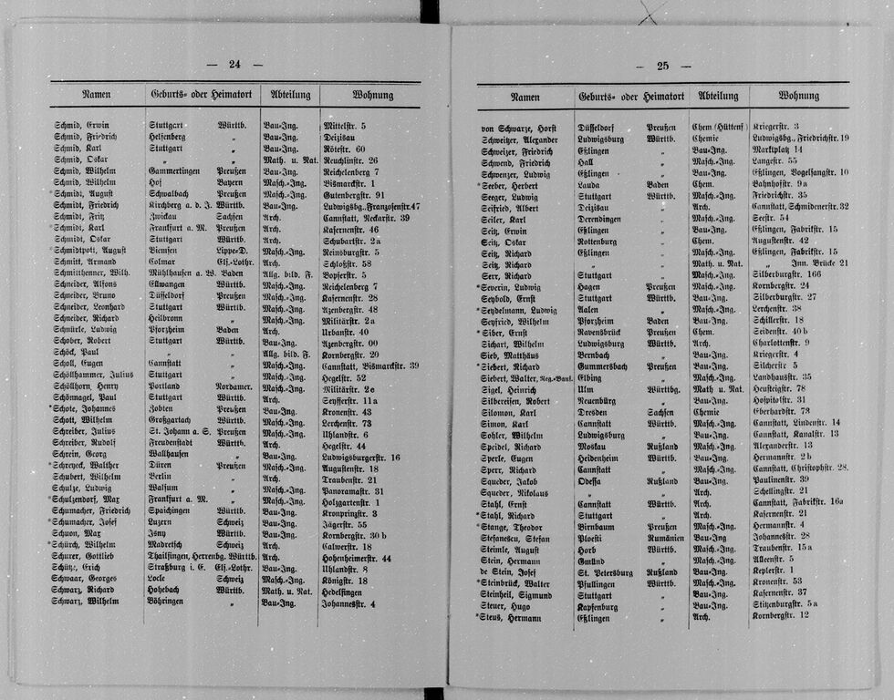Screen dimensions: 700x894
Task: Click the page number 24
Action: tap(234, 64)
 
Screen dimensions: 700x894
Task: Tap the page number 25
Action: tap(662, 66)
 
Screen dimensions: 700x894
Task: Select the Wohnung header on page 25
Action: tap(798, 96)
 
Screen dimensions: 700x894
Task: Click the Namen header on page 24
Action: tap(96, 94)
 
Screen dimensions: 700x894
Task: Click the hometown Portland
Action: tap(166, 386)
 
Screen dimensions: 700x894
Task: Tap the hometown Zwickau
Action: tap(165, 218)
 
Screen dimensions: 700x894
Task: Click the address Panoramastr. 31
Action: tap(353, 490)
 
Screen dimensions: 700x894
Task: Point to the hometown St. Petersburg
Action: tap(607, 571)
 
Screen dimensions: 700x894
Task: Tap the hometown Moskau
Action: tap(594, 447)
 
